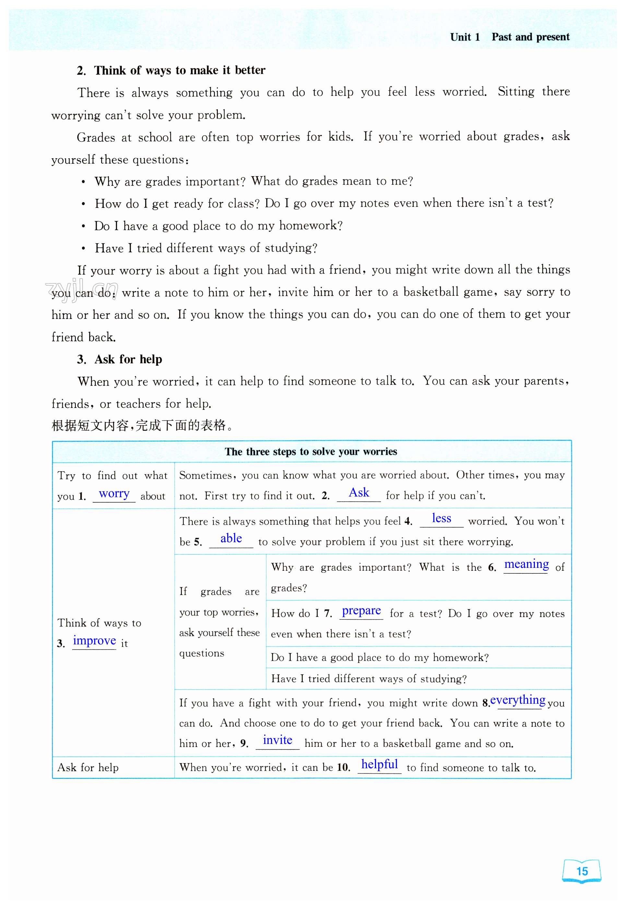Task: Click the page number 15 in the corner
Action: tap(582, 871)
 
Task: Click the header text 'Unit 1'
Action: tap(465, 37)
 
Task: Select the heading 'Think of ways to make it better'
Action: tap(179, 70)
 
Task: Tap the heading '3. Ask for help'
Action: tap(120, 359)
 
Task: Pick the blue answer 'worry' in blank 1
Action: tap(114, 494)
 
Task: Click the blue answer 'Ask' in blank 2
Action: tap(359, 493)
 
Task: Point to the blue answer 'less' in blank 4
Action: tap(441, 518)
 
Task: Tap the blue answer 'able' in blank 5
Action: tap(231, 539)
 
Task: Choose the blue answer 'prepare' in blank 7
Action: tap(361, 611)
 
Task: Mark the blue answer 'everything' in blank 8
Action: tap(518, 700)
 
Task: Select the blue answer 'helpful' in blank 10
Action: tap(379, 764)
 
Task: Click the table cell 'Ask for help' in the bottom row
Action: tap(88, 767)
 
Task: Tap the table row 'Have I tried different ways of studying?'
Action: tap(369, 679)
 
